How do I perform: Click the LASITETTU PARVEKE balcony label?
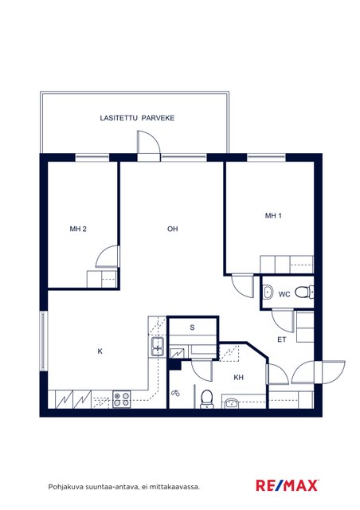click(x=137, y=118)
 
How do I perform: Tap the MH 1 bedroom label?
click(x=273, y=216)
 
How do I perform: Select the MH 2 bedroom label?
click(x=78, y=229)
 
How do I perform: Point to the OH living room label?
click(x=173, y=229)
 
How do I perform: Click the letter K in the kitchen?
click(x=100, y=351)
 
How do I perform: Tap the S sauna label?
click(x=192, y=328)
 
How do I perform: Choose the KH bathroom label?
click(x=239, y=378)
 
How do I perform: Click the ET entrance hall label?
click(x=282, y=340)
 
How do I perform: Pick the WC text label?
click(x=284, y=294)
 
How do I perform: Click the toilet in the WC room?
click(x=304, y=292)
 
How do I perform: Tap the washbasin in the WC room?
click(x=268, y=292)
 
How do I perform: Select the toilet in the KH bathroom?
click(x=206, y=399)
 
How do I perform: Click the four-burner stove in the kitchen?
click(x=122, y=399)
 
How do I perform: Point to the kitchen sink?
click(x=158, y=347)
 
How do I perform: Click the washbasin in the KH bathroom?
click(x=230, y=403)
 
